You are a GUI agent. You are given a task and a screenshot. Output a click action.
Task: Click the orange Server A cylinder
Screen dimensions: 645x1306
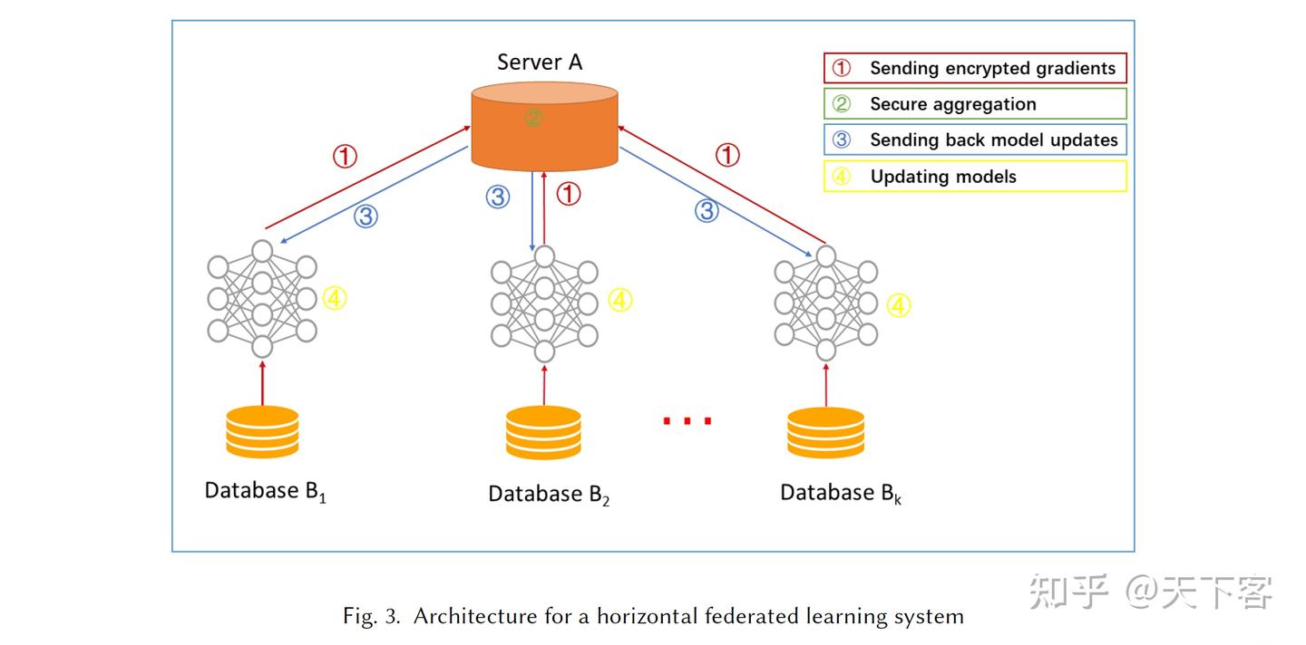(x=544, y=127)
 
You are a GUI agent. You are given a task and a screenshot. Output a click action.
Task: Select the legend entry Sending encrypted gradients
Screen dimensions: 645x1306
(x=975, y=68)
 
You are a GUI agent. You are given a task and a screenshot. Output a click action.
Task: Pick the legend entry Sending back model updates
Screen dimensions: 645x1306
(x=975, y=140)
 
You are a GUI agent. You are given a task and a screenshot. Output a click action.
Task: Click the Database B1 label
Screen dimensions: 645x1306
(x=265, y=491)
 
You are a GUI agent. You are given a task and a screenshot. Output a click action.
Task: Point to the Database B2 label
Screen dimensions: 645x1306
(x=549, y=495)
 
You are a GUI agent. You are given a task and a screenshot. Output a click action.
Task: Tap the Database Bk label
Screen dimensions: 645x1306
(x=841, y=493)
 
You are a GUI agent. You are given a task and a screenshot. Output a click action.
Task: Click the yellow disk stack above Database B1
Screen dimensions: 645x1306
(x=262, y=431)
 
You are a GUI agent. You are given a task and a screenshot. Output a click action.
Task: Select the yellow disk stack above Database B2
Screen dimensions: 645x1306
(x=544, y=433)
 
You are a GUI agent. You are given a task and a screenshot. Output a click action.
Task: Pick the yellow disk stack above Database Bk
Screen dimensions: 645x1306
(x=825, y=433)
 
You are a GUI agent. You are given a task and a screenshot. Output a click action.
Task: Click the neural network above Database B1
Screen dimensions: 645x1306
(x=262, y=299)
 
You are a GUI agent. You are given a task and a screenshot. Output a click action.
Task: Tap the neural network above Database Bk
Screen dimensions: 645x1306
(x=825, y=303)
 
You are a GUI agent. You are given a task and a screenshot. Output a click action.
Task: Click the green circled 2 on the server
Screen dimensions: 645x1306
(x=533, y=118)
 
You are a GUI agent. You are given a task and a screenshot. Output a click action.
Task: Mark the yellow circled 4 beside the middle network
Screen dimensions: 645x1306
(x=620, y=300)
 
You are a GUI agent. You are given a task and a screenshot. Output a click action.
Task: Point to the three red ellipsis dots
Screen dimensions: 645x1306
(x=687, y=420)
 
